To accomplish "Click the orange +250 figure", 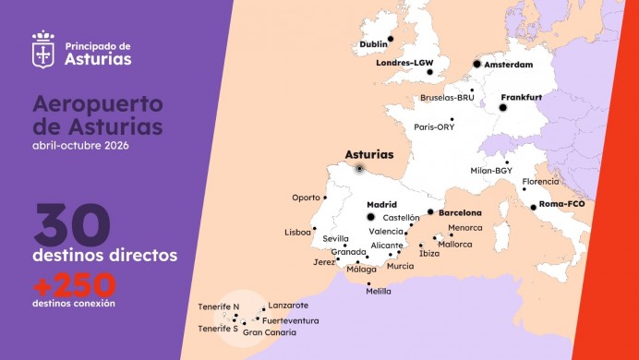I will [x=74, y=283].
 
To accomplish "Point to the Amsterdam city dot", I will [x=477, y=64].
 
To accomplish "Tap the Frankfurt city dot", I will [x=503, y=108].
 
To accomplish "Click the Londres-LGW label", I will [x=404, y=64].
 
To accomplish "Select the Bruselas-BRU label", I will [x=448, y=97].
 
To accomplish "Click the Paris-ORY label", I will [x=434, y=127].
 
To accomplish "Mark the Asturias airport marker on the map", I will [x=359, y=169].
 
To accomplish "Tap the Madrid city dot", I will [x=371, y=217].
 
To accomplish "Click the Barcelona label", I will [x=460, y=212].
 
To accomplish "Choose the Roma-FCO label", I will [x=563, y=205].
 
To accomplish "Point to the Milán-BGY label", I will [x=491, y=171].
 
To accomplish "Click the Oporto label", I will [x=305, y=198].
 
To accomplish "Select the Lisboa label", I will [x=298, y=233].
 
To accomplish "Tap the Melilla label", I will [x=378, y=292].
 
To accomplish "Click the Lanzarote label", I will [x=288, y=306].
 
